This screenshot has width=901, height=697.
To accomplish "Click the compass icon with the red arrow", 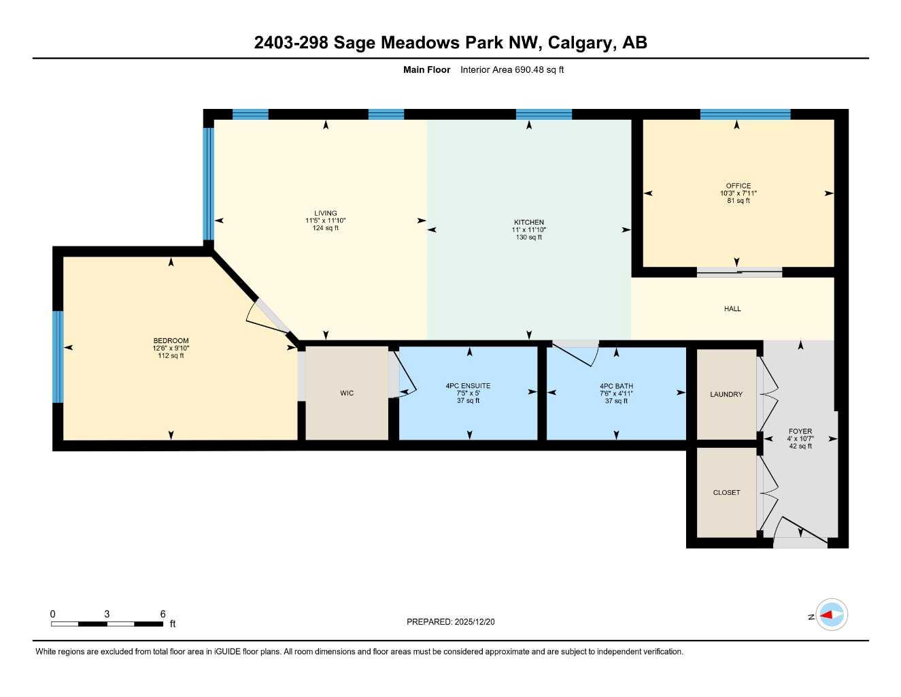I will tap(831, 615).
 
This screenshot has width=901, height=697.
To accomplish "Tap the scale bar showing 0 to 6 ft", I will tap(107, 623).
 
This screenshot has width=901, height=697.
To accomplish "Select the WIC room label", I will tap(347, 393).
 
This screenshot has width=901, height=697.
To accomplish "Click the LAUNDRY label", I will tap(726, 395).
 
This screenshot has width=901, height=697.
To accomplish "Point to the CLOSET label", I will tap(726, 493).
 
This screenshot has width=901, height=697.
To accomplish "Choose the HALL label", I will tap(732, 309).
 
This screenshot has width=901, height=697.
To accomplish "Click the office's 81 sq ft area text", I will tap(738, 201).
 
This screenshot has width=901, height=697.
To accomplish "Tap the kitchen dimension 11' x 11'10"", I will tap(529, 230).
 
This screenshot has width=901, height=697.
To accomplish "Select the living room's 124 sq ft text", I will tap(325, 228).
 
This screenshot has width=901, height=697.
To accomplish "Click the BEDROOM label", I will tap(171, 341).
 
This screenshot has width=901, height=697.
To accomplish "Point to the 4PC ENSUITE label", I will tap(468, 386).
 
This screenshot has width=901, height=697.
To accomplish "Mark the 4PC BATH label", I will tap(616, 386).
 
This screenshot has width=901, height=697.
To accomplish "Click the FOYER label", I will tap(800, 432).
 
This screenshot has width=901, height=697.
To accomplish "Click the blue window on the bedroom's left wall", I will tap(58, 357).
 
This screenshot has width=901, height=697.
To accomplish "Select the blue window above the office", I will tap(745, 114).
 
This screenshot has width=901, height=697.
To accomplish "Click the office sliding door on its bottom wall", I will tap(739, 273).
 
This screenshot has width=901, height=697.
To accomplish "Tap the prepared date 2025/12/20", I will tap(450, 622).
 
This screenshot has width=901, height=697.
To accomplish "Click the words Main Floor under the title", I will tap(426, 69).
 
